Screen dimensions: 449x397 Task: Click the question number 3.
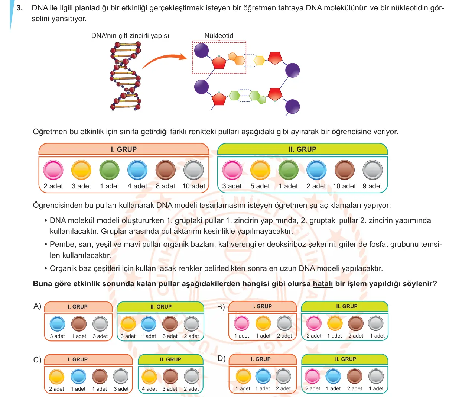[x=20, y=8]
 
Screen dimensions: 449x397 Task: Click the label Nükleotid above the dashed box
[x=219, y=35]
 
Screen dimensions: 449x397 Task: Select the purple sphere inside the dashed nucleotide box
[x=201, y=50]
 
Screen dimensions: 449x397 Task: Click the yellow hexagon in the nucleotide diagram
[x=259, y=60]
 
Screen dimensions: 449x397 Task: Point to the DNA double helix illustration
[x=126, y=76]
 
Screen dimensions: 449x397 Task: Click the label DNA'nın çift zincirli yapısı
[x=130, y=36]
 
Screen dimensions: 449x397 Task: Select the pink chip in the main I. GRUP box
[x=53, y=170]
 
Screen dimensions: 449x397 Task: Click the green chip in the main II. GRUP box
[x=288, y=170]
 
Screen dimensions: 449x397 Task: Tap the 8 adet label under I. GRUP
[x=165, y=186]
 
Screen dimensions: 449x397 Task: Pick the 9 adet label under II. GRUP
[x=372, y=186]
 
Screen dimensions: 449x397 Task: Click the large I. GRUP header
[x=124, y=149]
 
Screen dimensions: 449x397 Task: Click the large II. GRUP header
[x=302, y=149]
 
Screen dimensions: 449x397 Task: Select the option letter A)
[x=37, y=306]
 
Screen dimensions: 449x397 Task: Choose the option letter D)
[x=221, y=358]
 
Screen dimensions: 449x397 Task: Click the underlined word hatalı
[x=323, y=284]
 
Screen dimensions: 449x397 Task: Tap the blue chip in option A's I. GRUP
[x=57, y=324]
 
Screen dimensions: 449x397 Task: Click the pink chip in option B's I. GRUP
[x=241, y=323]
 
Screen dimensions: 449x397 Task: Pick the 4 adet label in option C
[x=149, y=389]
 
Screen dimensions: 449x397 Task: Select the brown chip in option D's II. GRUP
[x=355, y=376]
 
